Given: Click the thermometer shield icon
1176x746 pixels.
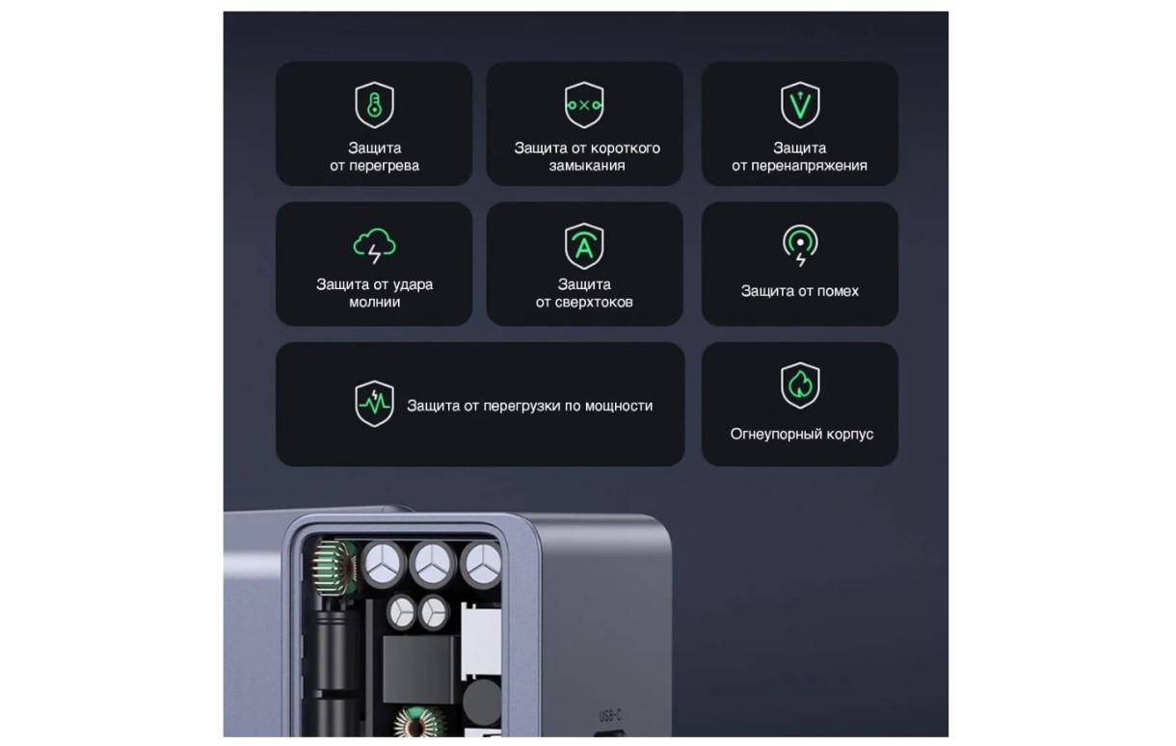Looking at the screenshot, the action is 374,105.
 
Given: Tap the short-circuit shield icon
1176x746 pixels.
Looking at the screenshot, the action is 584,105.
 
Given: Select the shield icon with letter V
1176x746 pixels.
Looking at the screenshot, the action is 799,105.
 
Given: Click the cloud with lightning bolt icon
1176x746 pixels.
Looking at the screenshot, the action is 374,245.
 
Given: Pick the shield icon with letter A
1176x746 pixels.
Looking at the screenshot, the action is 584,246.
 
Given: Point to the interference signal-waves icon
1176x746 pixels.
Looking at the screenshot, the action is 799,245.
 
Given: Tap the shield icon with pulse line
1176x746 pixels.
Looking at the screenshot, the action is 374,404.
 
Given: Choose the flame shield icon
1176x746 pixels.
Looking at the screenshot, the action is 799,386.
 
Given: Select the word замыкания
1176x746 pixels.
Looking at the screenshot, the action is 587,166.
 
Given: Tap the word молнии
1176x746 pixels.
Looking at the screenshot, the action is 374,303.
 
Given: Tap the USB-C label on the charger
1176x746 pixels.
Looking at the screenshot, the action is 610,715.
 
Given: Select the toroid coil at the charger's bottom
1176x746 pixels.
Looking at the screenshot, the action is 418,722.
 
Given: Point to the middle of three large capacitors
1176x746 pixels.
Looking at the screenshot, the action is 433,565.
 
